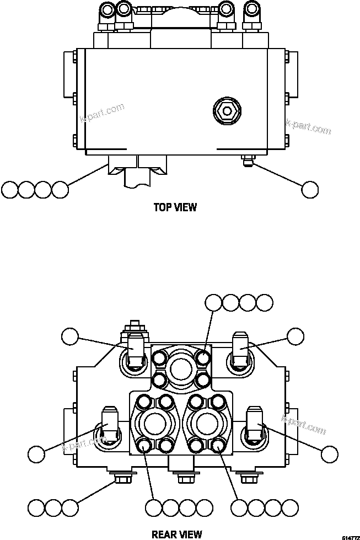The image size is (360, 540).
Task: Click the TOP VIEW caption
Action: (175, 207)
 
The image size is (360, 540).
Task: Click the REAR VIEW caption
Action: (176, 534)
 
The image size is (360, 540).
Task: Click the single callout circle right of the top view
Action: (310, 189)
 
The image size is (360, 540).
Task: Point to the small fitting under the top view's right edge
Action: (246, 161)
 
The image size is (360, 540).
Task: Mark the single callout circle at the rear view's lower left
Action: (36, 455)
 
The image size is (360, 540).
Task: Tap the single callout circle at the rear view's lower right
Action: (329, 454)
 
